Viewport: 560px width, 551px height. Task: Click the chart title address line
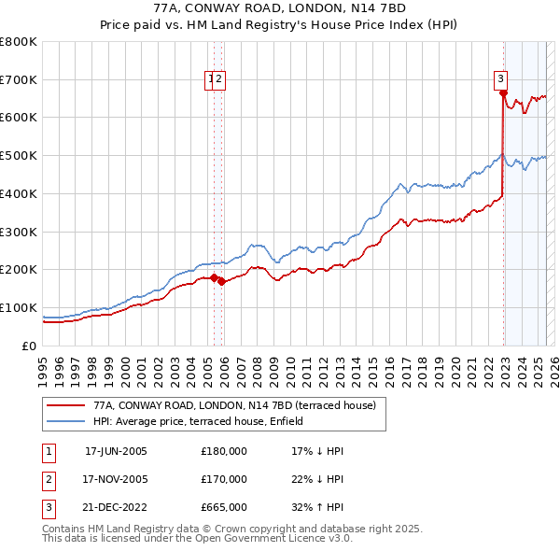point(280,7)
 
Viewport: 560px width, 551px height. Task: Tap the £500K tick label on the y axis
point(19,155)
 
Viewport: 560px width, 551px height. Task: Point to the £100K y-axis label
point(19,307)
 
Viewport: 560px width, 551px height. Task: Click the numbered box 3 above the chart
point(501,79)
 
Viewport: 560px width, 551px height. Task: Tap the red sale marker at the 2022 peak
point(503,92)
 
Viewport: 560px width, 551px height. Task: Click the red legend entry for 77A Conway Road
point(234,405)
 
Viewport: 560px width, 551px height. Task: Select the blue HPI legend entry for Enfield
point(225,421)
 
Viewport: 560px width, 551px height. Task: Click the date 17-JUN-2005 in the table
point(116,451)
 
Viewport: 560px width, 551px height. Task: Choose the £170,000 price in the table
point(224,479)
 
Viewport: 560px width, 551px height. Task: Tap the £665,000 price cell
point(224,507)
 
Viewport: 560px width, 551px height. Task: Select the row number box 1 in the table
point(46,451)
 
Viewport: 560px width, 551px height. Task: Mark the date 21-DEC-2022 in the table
point(116,507)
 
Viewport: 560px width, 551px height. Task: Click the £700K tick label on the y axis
point(19,79)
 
